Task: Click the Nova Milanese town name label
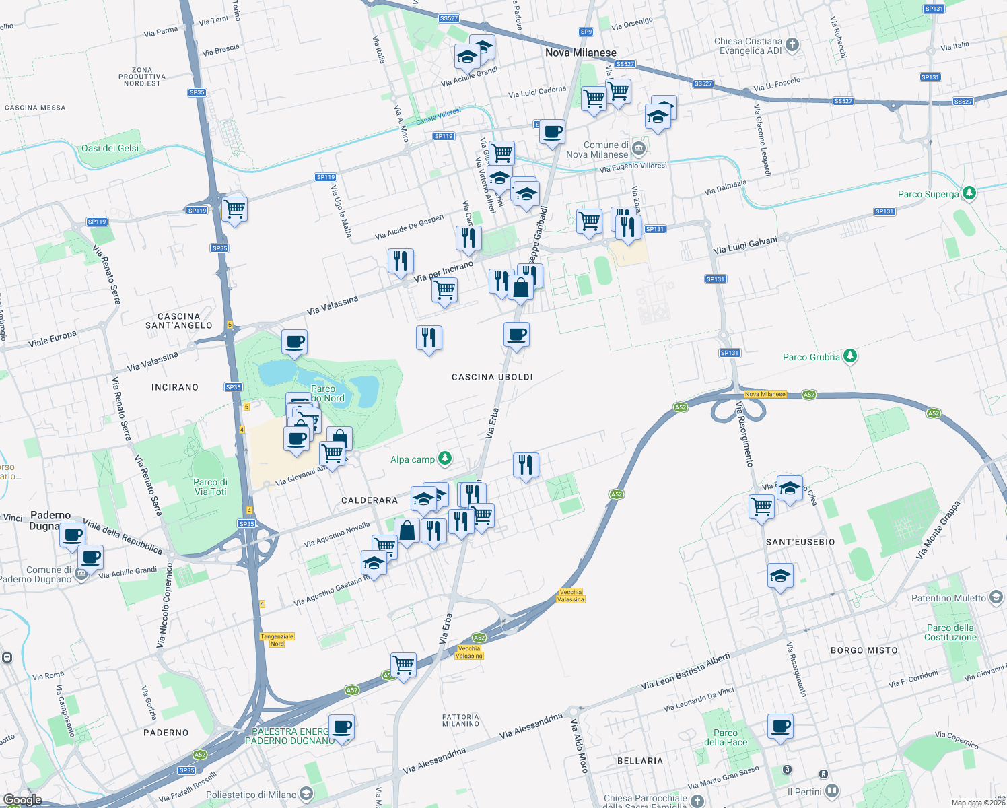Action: click(x=580, y=53)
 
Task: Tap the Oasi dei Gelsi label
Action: click(x=110, y=148)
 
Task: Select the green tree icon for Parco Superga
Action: click(x=969, y=193)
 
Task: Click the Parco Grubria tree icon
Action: click(x=850, y=356)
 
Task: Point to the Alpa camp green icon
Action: click(x=444, y=459)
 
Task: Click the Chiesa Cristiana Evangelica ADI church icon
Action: click(x=792, y=45)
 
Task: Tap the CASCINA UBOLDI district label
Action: click(x=492, y=377)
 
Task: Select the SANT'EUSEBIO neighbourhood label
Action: click(x=800, y=542)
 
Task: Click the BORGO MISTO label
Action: click(x=864, y=650)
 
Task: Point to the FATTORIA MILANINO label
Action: click(x=460, y=720)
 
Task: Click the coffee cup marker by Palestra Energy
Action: click(x=342, y=727)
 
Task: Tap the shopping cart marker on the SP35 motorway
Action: click(x=234, y=209)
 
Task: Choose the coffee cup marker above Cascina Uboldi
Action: click(x=516, y=335)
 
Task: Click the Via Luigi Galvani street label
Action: click(x=745, y=245)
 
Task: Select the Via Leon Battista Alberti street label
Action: click(x=685, y=671)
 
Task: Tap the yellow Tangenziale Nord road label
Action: click(x=277, y=640)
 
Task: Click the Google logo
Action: click(x=22, y=799)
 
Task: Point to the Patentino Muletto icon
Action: click(x=996, y=597)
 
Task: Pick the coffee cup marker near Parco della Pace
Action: click(x=780, y=727)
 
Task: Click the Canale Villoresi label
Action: click(x=438, y=116)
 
